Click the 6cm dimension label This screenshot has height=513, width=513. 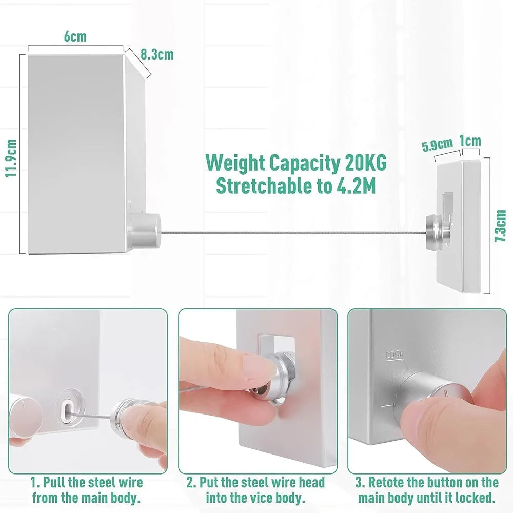coord(75,36)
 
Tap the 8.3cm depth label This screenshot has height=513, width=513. coord(157,54)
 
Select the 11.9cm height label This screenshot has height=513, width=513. coord(11,158)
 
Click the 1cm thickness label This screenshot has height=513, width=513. coord(470,141)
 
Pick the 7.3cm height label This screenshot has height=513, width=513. coord(500,226)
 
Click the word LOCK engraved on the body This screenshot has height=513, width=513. coord(395,354)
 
